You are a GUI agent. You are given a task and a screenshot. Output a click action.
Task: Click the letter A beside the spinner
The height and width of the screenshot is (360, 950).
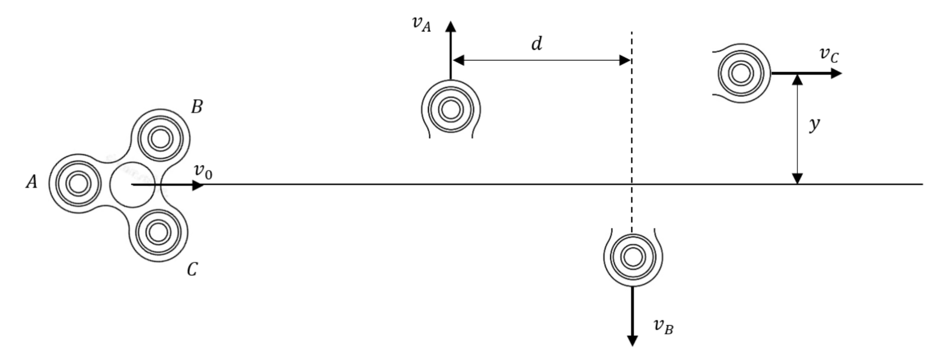(31, 182)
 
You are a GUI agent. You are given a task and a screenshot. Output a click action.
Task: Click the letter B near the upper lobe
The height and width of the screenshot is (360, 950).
(197, 107)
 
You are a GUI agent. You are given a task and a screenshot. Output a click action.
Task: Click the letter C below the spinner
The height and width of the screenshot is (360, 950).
(192, 269)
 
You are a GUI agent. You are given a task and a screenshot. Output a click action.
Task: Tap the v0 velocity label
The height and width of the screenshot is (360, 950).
(203, 171)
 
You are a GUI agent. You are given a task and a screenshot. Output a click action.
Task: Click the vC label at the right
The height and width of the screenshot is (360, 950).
(829, 55)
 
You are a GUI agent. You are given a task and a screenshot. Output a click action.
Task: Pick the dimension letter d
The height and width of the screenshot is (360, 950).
(536, 44)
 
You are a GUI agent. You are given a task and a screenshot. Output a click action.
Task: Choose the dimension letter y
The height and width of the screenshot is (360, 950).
(814, 124)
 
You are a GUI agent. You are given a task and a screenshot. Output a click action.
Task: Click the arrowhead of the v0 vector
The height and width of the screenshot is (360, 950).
(198, 185)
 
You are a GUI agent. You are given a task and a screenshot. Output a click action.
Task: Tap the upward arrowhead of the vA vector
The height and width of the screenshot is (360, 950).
(451, 26)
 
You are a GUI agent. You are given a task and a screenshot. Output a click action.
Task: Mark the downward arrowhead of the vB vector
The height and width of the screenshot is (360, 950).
(632, 340)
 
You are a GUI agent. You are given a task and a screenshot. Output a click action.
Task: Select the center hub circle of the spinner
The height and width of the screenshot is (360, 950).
(132, 185)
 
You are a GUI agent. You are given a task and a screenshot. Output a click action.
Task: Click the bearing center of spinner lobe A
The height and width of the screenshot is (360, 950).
(78, 184)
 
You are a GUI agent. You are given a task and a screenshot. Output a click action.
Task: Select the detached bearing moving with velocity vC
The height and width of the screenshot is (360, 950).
(741, 73)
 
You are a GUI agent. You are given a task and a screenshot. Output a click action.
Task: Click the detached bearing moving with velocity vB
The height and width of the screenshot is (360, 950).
(633, 257)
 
